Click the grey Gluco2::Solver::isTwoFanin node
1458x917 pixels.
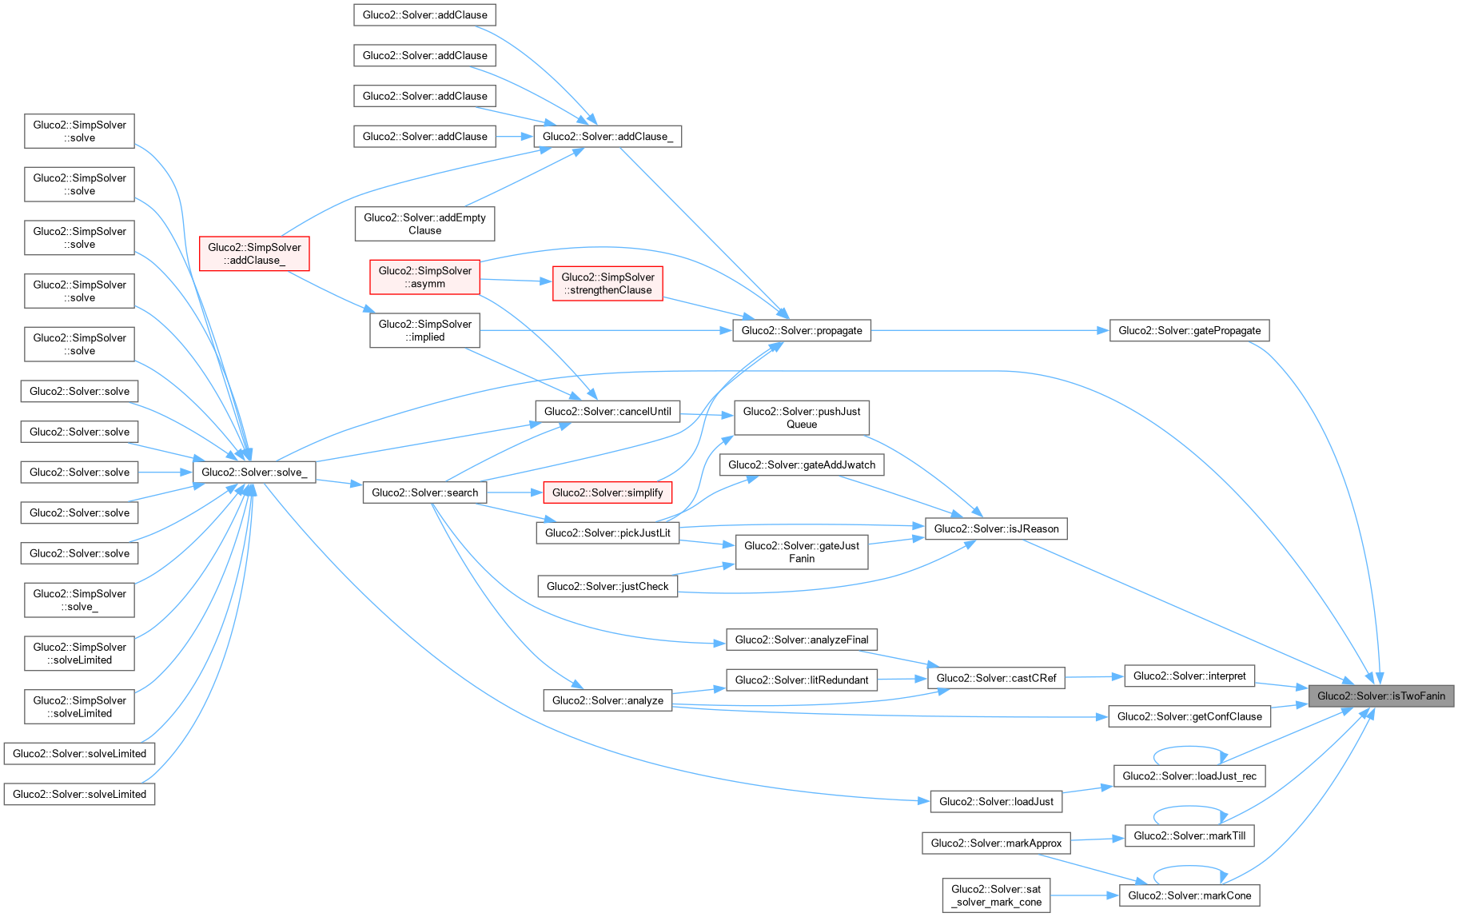[1380, 696]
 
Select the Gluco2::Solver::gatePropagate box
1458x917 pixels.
[1189, 330]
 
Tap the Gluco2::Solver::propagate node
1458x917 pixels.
[801, 330]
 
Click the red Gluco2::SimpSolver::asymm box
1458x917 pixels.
[424, 277]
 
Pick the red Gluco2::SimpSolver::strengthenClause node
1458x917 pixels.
[607, 283]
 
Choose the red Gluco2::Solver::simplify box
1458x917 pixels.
[607, 492]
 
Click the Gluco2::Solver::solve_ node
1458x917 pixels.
[254, 472]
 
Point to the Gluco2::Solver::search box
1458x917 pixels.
[424, 492]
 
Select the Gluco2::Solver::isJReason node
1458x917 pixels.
[996, 528]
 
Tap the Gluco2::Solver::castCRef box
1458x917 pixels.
[996, 678]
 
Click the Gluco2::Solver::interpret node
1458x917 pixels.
[1189, 676]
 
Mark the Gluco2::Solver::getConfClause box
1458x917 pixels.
[1189, 716]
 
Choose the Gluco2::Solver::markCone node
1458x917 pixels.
[1189, 895]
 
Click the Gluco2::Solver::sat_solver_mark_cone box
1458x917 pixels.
[996, 895]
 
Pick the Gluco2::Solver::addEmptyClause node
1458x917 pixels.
[424, 224]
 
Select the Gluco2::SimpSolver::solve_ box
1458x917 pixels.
[79, 600]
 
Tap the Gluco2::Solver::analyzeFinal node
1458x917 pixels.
[801, 640]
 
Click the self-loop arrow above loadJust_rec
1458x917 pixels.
[1189, 748]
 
